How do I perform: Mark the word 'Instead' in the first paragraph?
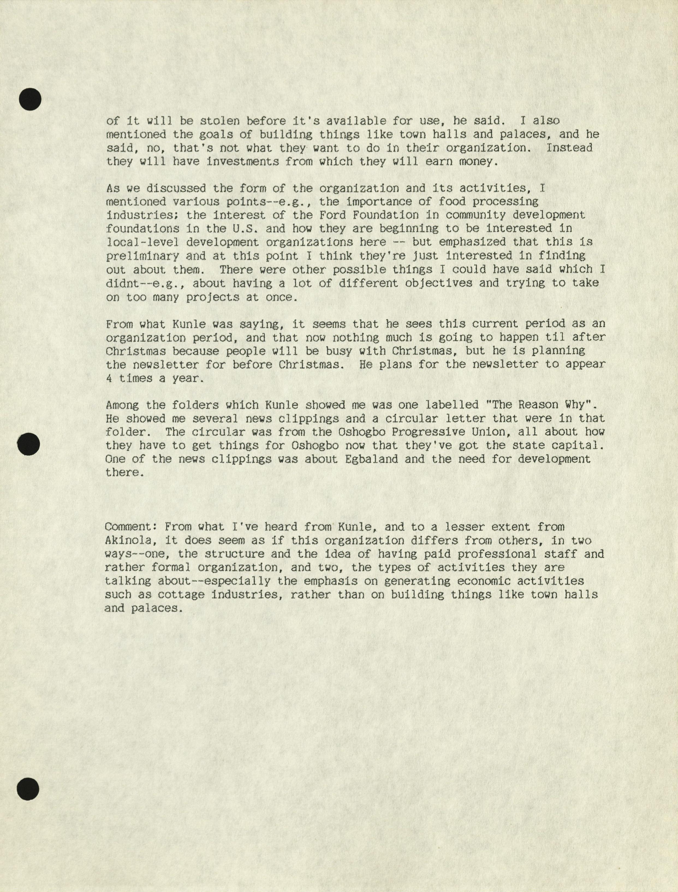click(569, 148)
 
